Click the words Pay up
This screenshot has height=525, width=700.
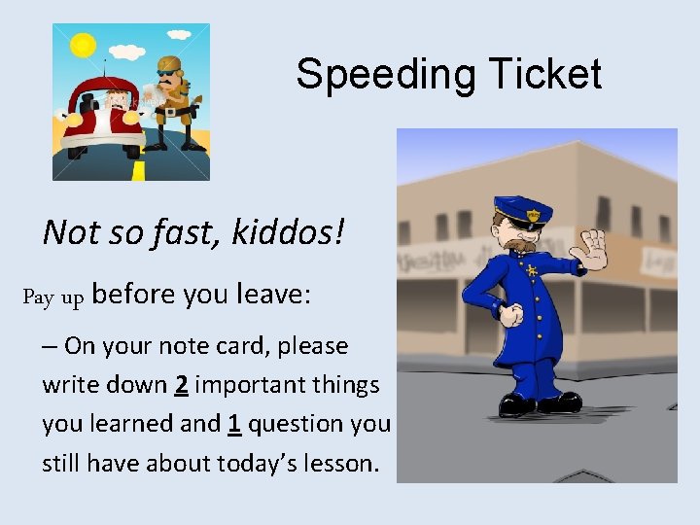click(x=53, y=297)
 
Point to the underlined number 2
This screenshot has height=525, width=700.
click(x=181, y=385)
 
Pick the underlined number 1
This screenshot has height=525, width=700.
click(x=234, y=424)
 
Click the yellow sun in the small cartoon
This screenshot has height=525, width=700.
click(x=83, y=45)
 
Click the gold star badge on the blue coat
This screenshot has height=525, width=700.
click(x=531, y=271)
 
